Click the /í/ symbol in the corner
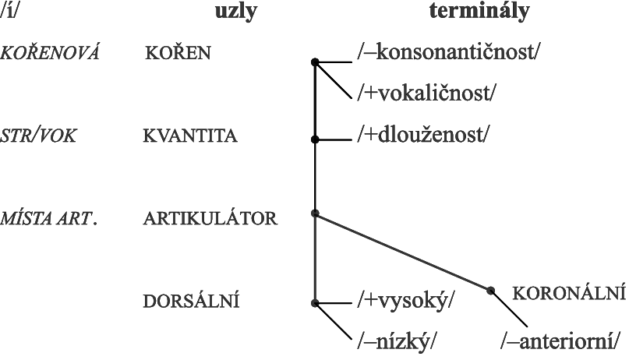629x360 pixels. [x=9, y=11]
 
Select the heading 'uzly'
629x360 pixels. [x=236, y=12]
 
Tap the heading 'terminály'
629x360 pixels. [x=479, y=11]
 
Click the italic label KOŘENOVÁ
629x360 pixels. [x=49, y=52]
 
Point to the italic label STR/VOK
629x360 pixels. [x=38, y=136]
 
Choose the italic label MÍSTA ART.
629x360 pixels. [x=48, y=218]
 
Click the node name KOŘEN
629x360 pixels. [x=178, y=52]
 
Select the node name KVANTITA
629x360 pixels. [x=190, y=136]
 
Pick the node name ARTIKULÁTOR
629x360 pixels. [x=210, y=218]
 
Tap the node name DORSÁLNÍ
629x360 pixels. [x=191, y=301]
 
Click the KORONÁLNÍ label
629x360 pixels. [x=569, y=294]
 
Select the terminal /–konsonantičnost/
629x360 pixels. [x=449, y=52]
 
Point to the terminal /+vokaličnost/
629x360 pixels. [x=427, y=93]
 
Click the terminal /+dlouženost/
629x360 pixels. [x=423, y=135]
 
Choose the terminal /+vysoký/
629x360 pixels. [x=406, y=301]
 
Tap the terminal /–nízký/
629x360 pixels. [x=396, y=342]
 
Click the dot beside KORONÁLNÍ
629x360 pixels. [x=490, y=290]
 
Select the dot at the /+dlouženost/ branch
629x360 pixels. [x=315, y=139]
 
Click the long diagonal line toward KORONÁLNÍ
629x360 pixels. [x=403, y=252]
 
